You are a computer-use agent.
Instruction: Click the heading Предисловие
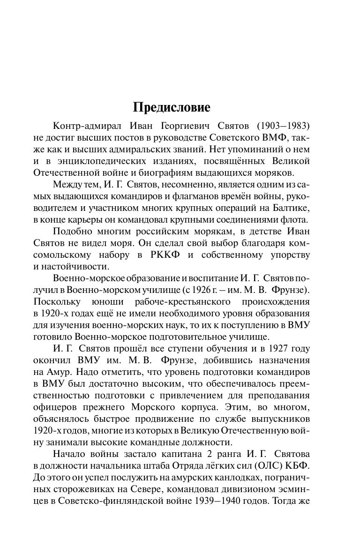(x=172, y=107)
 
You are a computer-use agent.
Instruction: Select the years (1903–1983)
(x=283, y=127)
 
